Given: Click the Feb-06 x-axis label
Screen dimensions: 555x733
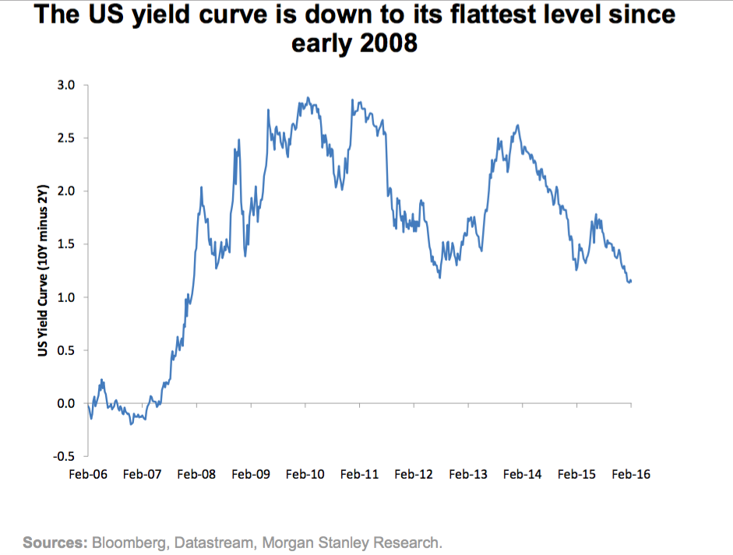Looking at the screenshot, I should (87, 473).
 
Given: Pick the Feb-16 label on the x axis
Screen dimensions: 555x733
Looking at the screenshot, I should (631, 473).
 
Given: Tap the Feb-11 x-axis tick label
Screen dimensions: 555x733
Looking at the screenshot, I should (359, 473).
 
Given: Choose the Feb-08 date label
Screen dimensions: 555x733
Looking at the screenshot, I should (196, 473).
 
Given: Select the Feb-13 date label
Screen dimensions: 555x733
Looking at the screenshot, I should (468, 473).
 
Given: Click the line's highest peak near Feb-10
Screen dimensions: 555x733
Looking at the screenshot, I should (308, 97).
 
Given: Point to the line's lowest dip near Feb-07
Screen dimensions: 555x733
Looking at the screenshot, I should (131, 424).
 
